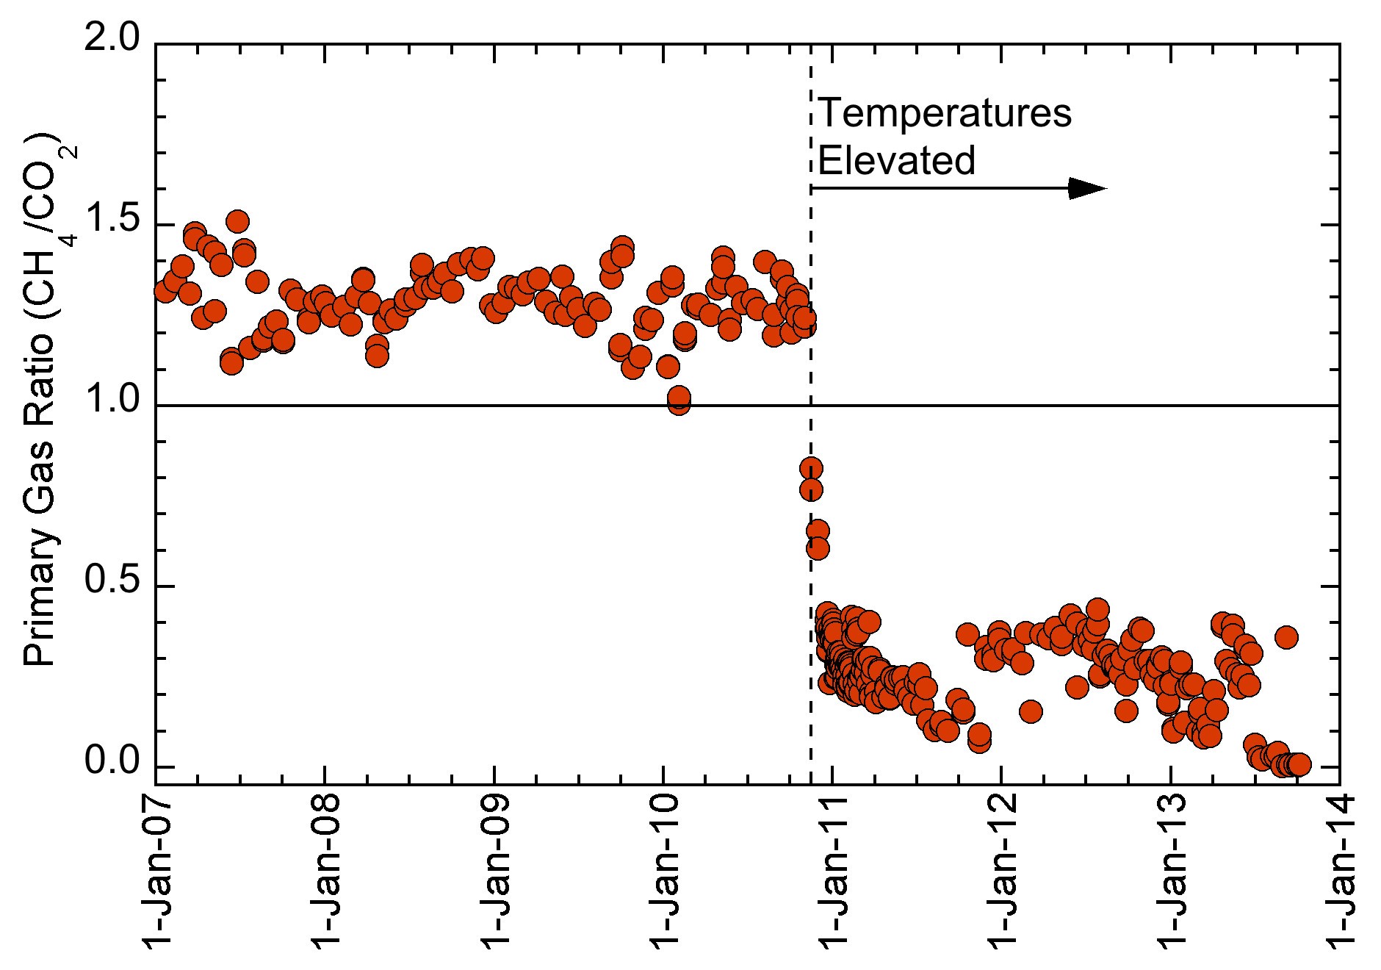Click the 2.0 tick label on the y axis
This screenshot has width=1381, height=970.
click(x=111, y=38)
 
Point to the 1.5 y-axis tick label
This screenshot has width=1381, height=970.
click(x=111, y=220)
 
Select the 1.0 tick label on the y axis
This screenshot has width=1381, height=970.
click(x=111, y=401)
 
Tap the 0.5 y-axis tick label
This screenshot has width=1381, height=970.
click(x=111, y=582)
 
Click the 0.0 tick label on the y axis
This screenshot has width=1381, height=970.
click(x=111, y=763)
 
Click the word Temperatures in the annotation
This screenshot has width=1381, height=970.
click(x=945, y=114)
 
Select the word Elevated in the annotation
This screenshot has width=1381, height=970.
click(x=896, y=160)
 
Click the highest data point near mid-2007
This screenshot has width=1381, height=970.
click(x=237, y=220)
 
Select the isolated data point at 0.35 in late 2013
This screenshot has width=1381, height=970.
click(x=1286, y=637)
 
